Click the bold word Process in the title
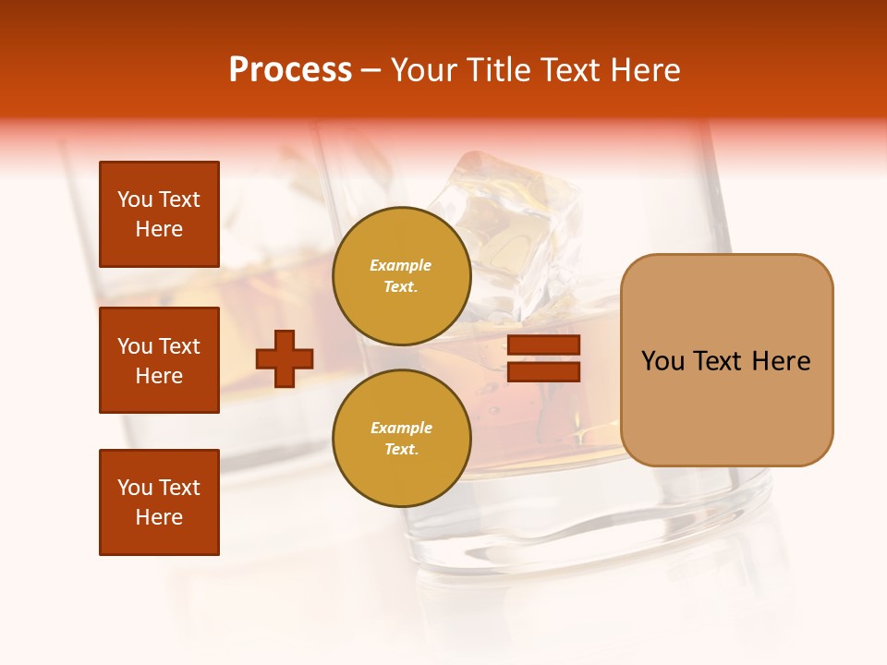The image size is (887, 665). pos(290,70)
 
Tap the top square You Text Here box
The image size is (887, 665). pos(159,214)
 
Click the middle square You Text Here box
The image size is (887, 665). pos(159,360)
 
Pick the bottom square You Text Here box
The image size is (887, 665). pos(159,502)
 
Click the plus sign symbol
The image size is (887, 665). pos(285,358)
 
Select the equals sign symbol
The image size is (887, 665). pos(543,358)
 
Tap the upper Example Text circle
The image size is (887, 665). pos(401,275)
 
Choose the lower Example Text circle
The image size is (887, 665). pos(401,438)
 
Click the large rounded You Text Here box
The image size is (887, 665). pos(726,360)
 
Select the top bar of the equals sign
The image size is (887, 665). pos(543,345)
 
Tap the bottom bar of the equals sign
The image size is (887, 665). pos(543,371)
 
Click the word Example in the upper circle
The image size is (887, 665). pos(401,265)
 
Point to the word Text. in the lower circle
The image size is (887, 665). pos(401,449)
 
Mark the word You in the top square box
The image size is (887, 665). pos(135,199)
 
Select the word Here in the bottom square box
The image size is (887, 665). pos(159,517)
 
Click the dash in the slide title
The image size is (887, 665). pos(371,70)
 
